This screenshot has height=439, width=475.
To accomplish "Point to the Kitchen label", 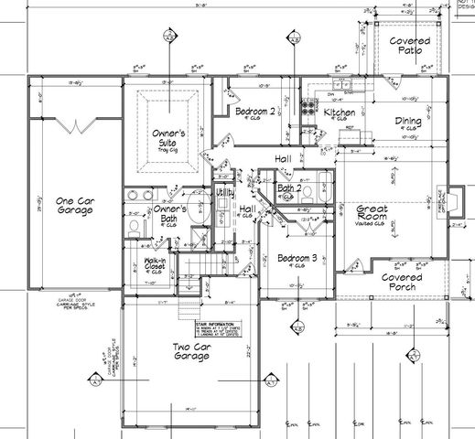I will (338, 112).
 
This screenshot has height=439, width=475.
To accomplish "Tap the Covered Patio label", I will (410, 48).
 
